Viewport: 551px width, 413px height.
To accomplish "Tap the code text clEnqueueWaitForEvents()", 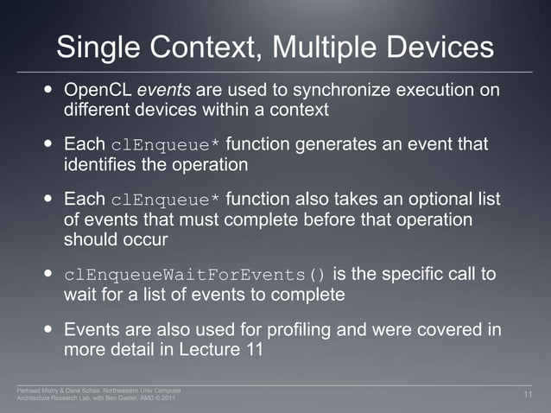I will pyautogui.click(x=196, y=276).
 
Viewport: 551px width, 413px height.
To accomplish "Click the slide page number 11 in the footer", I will pyautogui.click(x=530, y=395).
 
